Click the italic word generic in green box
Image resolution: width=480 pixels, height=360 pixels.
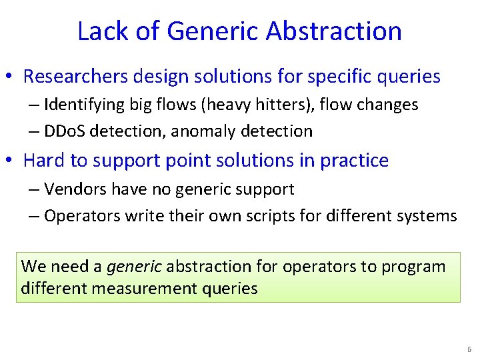point(134,267)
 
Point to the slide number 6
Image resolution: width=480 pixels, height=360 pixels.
point(469,349)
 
